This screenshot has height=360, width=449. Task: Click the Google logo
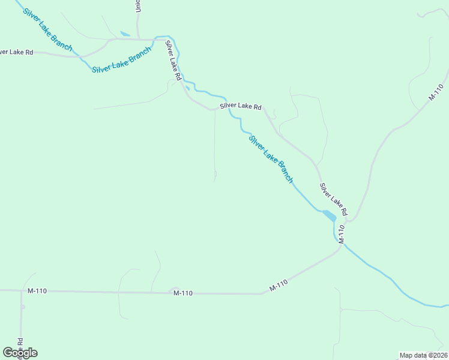(20, 353)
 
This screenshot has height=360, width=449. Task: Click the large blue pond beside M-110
(329, 215)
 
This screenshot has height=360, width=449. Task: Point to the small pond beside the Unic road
(125, 34)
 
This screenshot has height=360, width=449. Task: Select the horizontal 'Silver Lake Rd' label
(240, 106)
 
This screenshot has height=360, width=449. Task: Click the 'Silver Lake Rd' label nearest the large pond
(333, 199)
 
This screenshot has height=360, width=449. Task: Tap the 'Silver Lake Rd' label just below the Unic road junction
(174, 60)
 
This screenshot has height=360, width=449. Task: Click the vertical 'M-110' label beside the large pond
(342, 233)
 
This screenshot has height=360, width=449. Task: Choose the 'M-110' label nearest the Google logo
(37, 291)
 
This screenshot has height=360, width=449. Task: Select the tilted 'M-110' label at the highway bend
(279, 286)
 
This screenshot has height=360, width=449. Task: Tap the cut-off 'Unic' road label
(138, 6)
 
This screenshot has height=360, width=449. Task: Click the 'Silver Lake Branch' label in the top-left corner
(47, 29)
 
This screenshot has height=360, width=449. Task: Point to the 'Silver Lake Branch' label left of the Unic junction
(121, 61)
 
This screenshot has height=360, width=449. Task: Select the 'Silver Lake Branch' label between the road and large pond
(271, 158)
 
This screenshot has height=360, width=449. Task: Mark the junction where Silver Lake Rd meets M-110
(349, 220)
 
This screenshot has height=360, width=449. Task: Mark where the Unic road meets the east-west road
(139, 40)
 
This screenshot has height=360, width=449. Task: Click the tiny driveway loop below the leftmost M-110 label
(23, 307)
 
